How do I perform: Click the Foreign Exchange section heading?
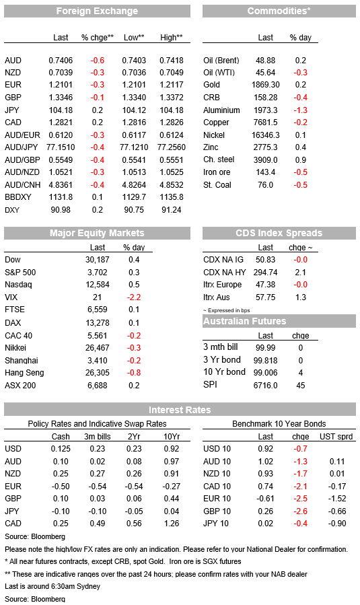pos(97,11)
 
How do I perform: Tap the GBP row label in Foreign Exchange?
pos(13,98)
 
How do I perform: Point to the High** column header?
pos(172,38)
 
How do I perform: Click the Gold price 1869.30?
pos(266,85)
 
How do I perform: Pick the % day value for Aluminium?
pos(300,110)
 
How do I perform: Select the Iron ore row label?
pos(217,172)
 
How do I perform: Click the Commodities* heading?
pos(279,11)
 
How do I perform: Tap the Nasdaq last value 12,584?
pos(98,285)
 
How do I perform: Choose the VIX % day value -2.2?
pos(134,297)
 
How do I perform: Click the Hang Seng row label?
pos(24,373)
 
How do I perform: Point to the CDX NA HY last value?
pos(266,273)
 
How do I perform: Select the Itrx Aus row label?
pos(217,297)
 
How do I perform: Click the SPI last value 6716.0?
pos(266,386)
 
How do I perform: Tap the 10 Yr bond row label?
pos(224,372)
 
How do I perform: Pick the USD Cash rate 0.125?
pos(61,449)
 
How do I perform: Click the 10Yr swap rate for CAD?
pos(172,524)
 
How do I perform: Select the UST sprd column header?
pos(336,437)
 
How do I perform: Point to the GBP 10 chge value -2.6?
pos(300,511)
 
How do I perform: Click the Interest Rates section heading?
pos(180,410)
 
